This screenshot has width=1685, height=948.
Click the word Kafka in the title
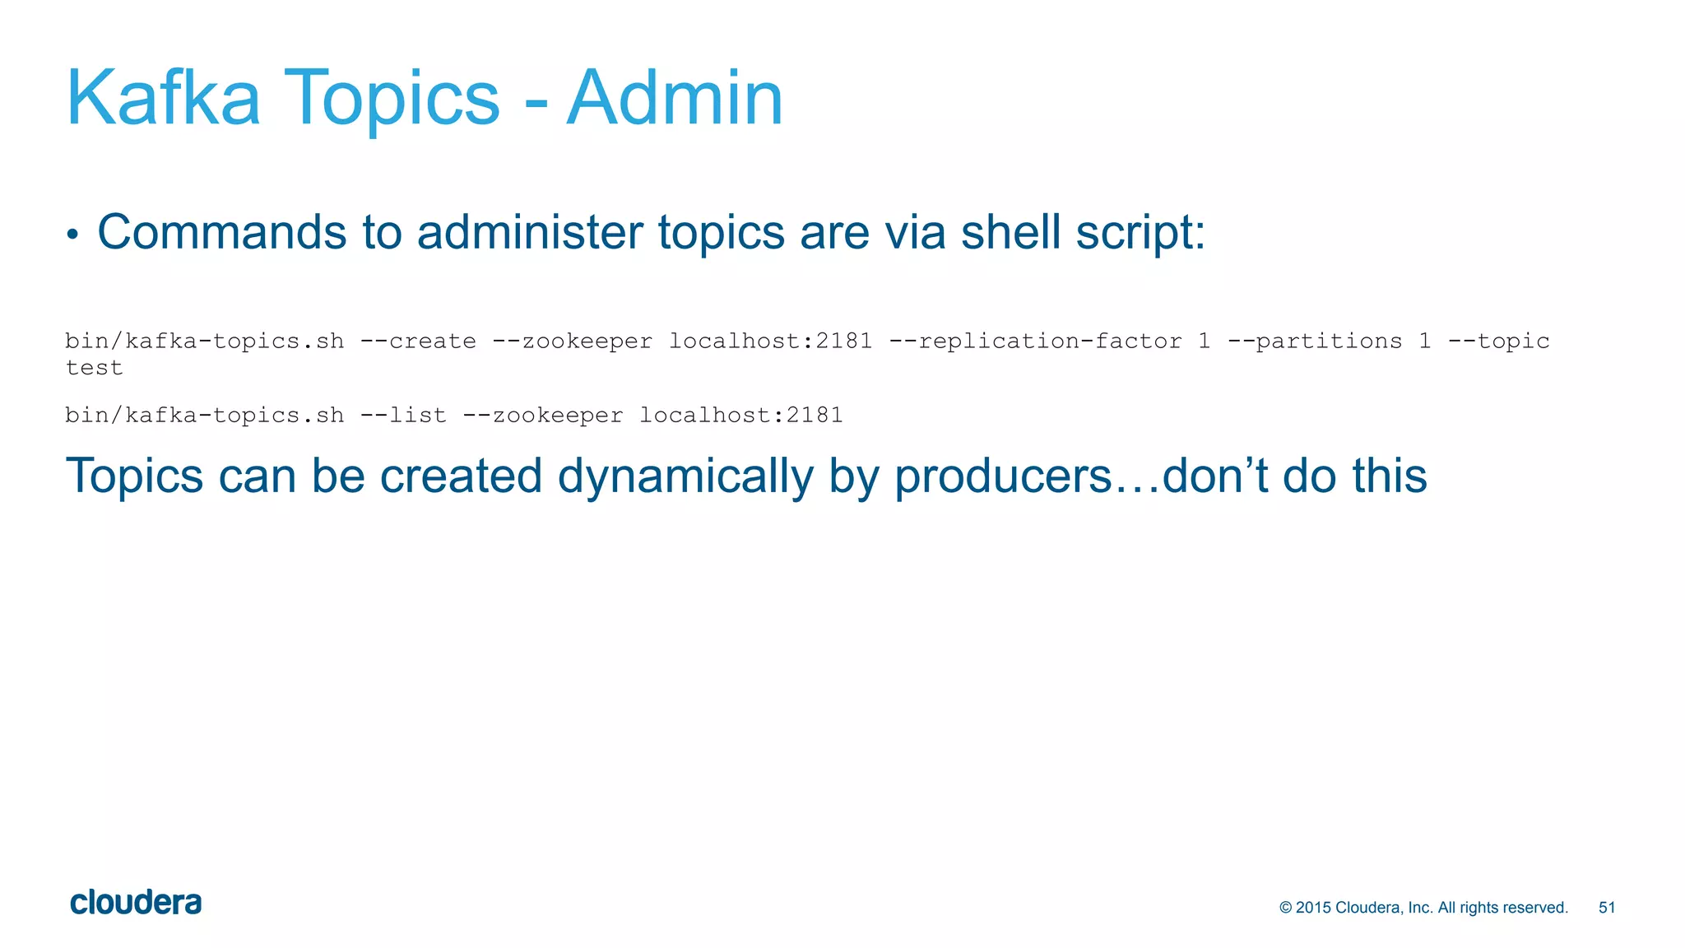click(163, 99)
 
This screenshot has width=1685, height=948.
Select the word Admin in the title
click(675, 99)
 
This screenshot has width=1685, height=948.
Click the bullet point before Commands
click(72, 235)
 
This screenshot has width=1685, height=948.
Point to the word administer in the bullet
click(530, 232)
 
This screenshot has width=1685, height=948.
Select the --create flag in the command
click(418, 341)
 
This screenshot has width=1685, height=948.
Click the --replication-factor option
click(1035, 341)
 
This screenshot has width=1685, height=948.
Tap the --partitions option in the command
click(1314, 341)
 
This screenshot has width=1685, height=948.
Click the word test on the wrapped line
click(94, 368)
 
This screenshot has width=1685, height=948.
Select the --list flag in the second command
click(403, 415)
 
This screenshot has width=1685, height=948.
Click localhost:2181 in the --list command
click(740, 415)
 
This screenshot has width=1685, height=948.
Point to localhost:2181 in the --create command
click(770, 341)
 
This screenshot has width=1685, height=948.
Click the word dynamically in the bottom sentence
click(685, 477)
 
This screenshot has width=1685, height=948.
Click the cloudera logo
click(136, 903)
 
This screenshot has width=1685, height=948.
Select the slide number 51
click(1607, 908)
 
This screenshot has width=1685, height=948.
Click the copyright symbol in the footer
click(1286, 908)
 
